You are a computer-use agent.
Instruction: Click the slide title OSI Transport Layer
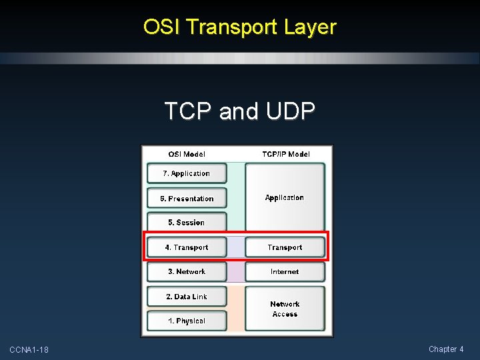pos(239,27)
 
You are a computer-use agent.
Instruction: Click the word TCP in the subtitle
pos(188,111)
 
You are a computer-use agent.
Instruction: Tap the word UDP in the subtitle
pos(290,111)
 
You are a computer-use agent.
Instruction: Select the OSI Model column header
pos(187,154)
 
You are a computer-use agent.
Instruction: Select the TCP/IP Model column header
pos(285,154)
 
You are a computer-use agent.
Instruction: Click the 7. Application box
pos(187,173)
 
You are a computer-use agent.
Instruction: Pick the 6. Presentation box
pos(187,198)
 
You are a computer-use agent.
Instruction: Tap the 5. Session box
pos(187,223)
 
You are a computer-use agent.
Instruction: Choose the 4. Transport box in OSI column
pos(187,247)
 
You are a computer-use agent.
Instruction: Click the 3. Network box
pos(187,271)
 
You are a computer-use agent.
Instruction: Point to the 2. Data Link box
pos(187,297)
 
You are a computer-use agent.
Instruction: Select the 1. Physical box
pos(187,321)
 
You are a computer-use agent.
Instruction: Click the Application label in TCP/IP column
pos(285,197)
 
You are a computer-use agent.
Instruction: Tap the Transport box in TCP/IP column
pos(285,247)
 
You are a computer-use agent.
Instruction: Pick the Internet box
pos(285,271)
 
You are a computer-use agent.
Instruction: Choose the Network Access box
pos(285,309)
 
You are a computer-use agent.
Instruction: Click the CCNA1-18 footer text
pos(29,350)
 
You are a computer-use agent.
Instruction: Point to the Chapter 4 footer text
pos(446,349)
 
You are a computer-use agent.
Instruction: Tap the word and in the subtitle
pos(239,111)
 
